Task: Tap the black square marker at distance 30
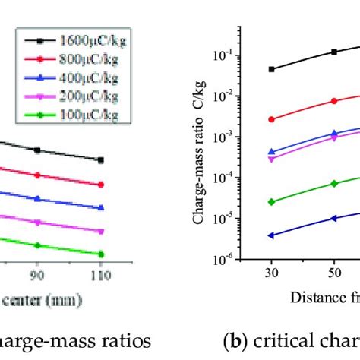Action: point(272,69)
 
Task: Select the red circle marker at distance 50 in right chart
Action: point(333,101)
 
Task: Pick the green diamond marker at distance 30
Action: point(272,202)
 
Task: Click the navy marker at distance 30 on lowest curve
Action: point(272,235)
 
